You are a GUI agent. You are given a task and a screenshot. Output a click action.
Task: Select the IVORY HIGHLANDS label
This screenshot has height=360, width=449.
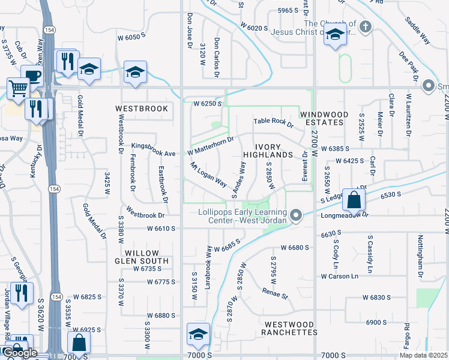click(x=268, y=151)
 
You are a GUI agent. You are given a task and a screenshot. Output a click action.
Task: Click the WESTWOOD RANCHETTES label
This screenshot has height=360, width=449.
click(x=291, y=328)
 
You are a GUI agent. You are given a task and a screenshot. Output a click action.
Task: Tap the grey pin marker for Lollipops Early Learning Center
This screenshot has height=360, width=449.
click(x=295, y=215)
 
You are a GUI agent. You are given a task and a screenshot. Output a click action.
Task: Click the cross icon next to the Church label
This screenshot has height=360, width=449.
click(x=366, y=27)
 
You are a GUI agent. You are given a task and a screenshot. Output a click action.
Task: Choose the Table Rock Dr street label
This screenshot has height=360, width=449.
click(x=273, y=122)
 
